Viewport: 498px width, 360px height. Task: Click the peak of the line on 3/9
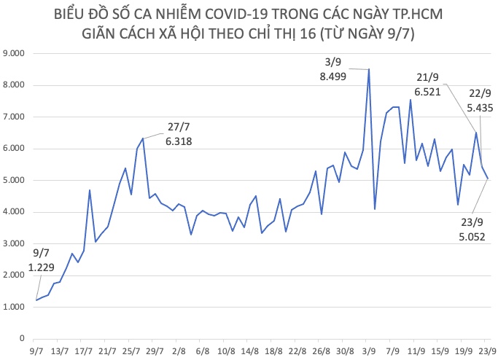[x=369, y=69]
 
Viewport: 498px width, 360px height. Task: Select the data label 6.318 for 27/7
[x=178, y=143]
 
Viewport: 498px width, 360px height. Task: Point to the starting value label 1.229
[x=42, y=268]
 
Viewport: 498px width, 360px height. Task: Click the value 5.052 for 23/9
[x=470, y=236]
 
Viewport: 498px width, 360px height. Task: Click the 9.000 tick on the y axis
[x=15, y=54]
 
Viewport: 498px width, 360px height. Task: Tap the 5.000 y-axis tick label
[x=15, y=181]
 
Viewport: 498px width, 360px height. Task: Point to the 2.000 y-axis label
[x=15, y=275]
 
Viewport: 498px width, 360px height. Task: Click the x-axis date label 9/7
[x=36, y=351]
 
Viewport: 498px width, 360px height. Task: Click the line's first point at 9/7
[x=36, y=300]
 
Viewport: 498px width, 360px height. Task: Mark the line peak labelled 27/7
[x=143, y=138]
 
